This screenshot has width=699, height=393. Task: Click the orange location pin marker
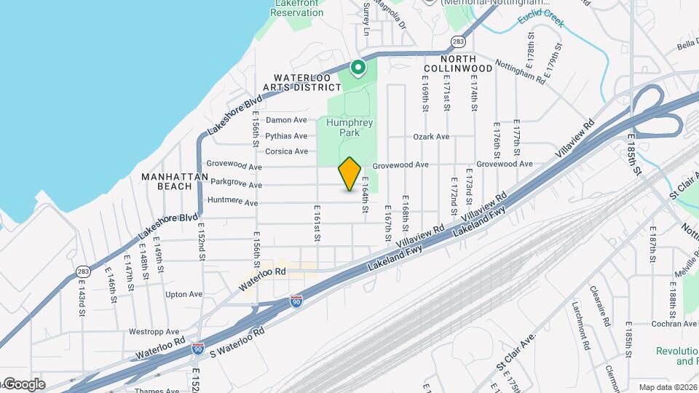coord(350,173)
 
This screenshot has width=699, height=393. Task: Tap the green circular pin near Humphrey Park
coord(358,68)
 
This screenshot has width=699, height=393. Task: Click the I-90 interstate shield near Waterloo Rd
coord(296,300)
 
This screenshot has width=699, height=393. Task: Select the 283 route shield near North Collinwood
coord(457,41)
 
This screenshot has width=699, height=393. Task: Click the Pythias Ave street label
coord(286,136)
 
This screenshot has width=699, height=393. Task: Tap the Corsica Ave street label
coord(287,151)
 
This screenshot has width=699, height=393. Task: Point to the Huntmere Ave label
coord(233,202)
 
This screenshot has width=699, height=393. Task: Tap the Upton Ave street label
coord(183,295)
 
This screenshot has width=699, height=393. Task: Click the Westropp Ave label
coord(154,332)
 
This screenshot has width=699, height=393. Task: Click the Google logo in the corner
coord(23,384)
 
